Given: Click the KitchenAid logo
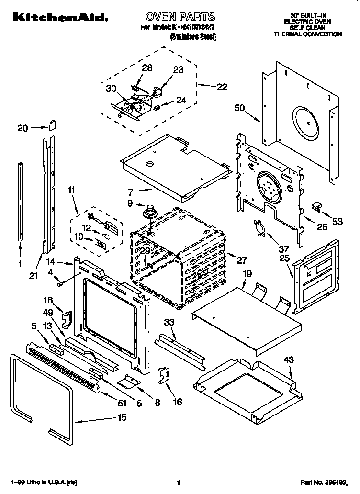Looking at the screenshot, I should coord(59,18).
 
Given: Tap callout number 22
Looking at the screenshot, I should coord(222,87).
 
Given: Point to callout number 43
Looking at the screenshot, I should coord(289,359).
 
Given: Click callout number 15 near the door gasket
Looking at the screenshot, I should coord(122,417).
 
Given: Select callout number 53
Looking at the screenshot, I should coord(338,221).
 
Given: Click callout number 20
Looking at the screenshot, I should coord(23,128).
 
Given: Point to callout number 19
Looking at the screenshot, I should coord(247,274).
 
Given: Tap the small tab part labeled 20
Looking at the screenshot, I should coord(52,126).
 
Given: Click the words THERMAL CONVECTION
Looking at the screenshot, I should coord(307,34).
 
